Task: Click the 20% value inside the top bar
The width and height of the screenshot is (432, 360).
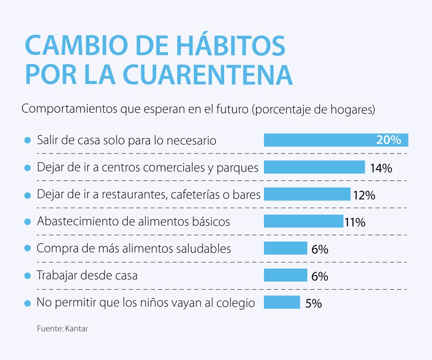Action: [388, 140]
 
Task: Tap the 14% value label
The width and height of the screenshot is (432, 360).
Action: [381, 168]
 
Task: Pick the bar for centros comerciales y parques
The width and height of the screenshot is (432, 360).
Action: [314, 167]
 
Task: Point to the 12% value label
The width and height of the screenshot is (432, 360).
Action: [364, 195]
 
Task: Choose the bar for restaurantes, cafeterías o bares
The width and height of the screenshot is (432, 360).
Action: [307, 194]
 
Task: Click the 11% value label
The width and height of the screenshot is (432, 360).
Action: [355, 222]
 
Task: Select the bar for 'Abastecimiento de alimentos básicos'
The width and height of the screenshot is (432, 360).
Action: [303, 221]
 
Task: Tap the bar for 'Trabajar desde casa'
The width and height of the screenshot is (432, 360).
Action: [285, 275]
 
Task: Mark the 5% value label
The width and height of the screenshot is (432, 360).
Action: [314, 304]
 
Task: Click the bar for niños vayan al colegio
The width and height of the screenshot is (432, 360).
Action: [282, 302]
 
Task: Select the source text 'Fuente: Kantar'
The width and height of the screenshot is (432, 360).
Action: [62, 329]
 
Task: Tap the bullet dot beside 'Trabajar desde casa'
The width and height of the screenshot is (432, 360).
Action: [28, 276]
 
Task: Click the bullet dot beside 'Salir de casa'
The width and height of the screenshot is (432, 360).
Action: [28, 140]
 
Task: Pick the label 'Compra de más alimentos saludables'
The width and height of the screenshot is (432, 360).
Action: [134, 248]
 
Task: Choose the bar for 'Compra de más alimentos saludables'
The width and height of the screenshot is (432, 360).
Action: [285, 248]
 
